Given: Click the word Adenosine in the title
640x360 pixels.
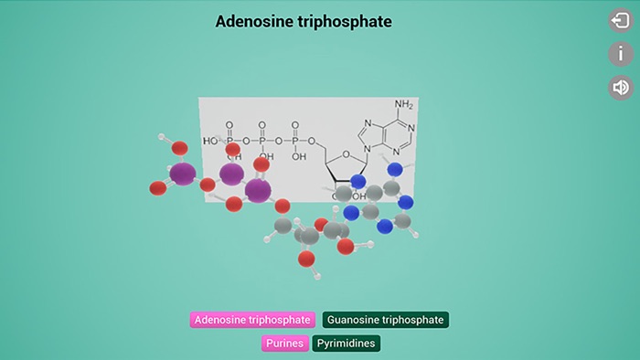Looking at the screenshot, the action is (x=252, y=21).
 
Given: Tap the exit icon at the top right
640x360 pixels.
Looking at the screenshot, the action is (x=621, y=20).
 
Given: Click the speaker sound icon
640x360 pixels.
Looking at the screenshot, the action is (x=621, y=87).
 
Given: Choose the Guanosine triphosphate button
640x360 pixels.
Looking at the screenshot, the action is (x=386, y=320).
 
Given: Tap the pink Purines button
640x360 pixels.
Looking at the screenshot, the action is (x=284, y=344).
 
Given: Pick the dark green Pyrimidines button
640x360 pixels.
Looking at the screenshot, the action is (x=346, y=344).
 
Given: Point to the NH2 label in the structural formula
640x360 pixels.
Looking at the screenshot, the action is (x=403, y=105).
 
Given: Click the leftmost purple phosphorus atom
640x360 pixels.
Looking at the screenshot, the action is (x=183, y=173).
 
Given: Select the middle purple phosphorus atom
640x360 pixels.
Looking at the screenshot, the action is (x=231, y=173).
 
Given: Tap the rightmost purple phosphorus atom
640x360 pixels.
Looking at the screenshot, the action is (x=258, y=190).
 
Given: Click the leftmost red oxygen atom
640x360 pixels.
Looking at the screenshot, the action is (x=157, y=188).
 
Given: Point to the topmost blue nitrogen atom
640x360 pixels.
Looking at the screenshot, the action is (x=395, y=169).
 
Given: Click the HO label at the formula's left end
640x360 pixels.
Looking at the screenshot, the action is (x=210, y=141).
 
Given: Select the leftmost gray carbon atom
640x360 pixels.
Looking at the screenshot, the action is (x=283, y=226).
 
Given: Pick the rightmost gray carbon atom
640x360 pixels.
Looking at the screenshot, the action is (x=402, y=220).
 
